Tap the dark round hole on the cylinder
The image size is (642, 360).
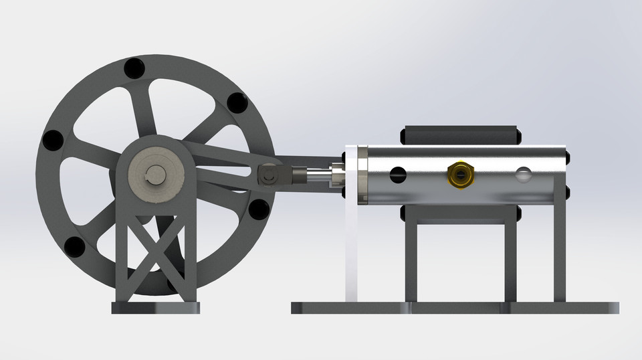click(399, 175)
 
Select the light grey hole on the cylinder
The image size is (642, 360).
click(522, 175)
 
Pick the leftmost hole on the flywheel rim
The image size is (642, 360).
click(52, 141)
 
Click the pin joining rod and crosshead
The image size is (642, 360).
click(270, 176)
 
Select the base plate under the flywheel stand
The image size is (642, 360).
click(156, 308)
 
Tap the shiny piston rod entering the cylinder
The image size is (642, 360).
click(320, 176)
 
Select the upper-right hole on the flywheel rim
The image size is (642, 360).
click(237, 103)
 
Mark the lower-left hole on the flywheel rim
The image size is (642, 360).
click(74, 247)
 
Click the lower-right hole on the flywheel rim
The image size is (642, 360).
click(257, 209)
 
